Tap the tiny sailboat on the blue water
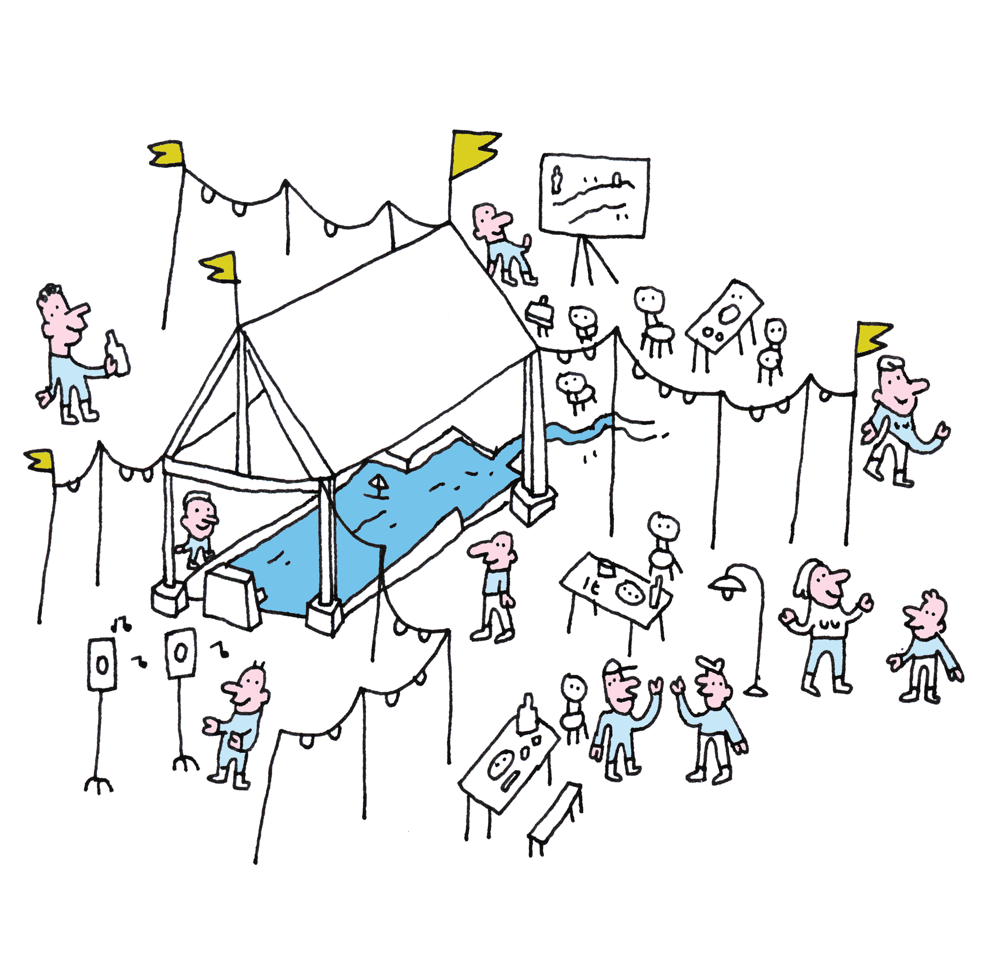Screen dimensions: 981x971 click(x=377, y=485)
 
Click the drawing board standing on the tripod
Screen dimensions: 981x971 click(x=594, y=195)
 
